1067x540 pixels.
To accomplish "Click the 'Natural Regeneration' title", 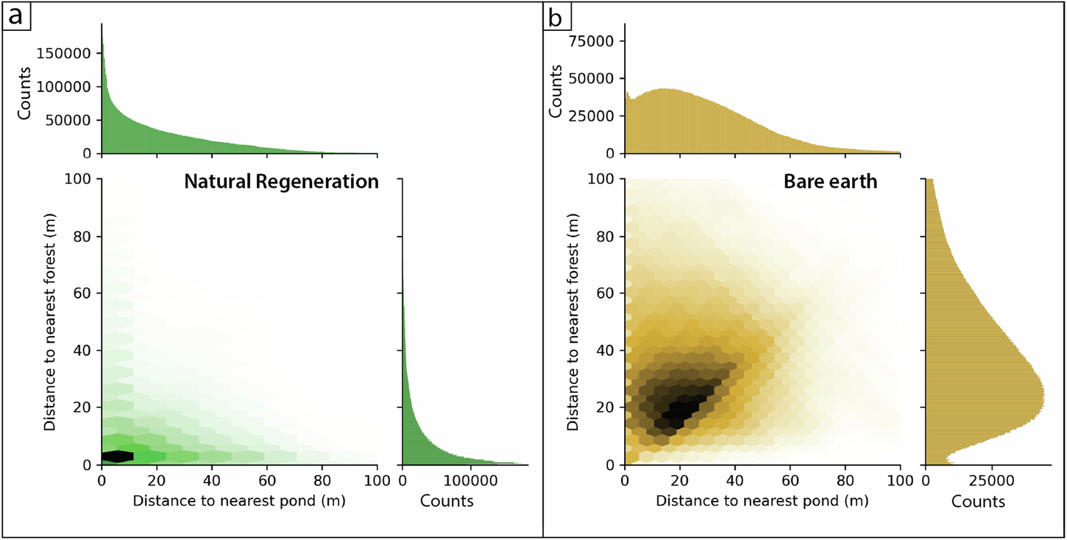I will tap(281, 181).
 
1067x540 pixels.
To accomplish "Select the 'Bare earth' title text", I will tap(831, 181).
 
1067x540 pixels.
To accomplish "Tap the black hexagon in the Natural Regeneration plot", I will tap(118, 457).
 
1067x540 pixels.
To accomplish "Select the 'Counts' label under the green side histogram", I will tap(447, 502).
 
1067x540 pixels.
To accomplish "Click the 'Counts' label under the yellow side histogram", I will tap(978, 502).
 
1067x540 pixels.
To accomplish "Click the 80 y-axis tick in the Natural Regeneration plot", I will tap(84, 236).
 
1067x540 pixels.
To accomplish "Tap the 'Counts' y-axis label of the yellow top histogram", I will tap(557, 91).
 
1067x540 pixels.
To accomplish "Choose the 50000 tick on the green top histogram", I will tap(74, 120).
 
